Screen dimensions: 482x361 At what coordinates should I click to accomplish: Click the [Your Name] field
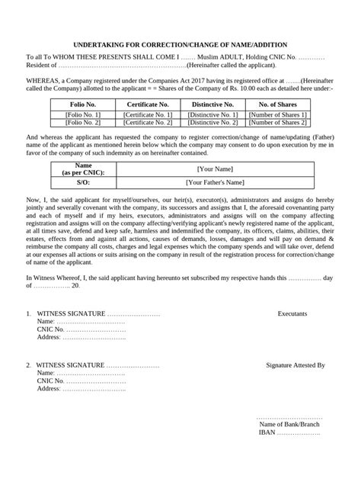(216, 169)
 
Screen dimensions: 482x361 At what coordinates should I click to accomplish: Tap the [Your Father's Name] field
(216, 182)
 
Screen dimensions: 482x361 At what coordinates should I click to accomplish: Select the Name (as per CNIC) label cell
(83, 169)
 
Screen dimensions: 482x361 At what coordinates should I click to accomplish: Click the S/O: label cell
(83, 182)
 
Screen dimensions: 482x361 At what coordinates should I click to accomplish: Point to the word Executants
(293, 313)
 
